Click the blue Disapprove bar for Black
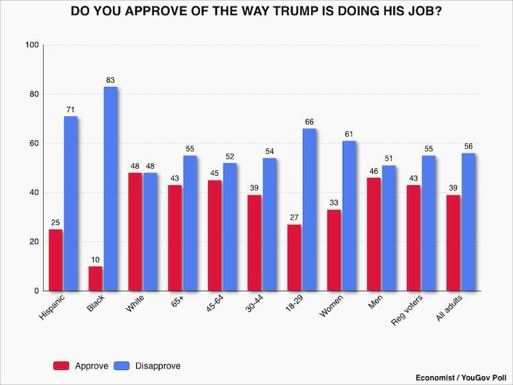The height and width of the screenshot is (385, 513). click(x=110, y=189)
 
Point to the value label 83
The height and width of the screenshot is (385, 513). click(x=110, y=81)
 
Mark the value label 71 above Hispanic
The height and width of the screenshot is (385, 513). click(x=70, y=110)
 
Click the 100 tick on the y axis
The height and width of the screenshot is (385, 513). click(x=31, y=45)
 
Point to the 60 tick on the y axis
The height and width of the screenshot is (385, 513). click(x=34, y=144)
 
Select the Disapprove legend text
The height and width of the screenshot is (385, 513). click(x=159, y=366)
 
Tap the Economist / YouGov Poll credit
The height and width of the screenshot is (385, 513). click(x=460, y=377)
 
